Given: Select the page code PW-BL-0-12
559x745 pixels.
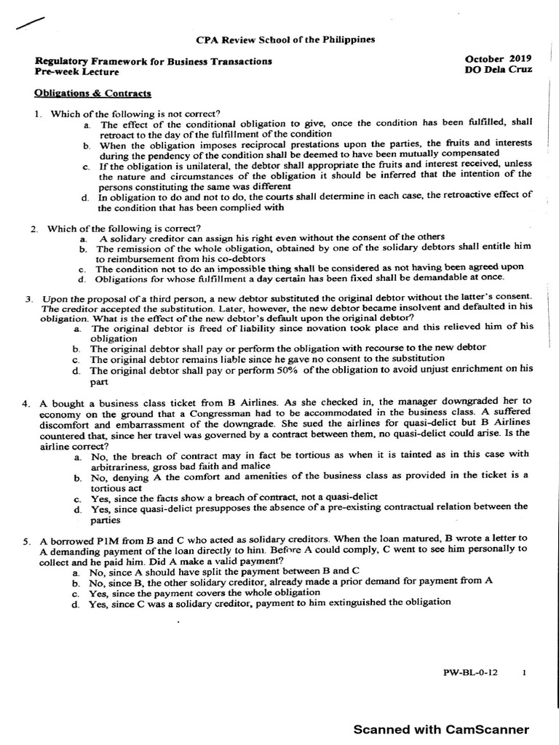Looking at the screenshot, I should coord(474,673).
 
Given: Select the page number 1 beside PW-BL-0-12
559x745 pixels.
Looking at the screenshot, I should coord(524,673).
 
